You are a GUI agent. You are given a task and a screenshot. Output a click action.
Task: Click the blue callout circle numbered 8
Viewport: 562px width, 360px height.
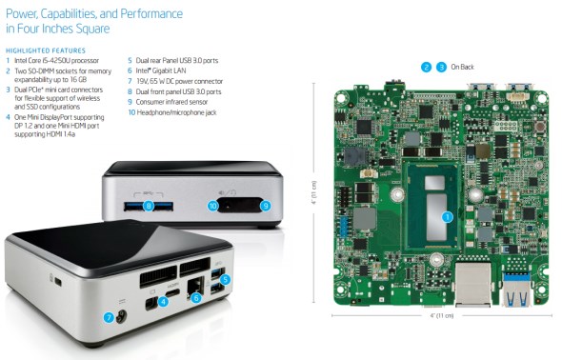(149, 206)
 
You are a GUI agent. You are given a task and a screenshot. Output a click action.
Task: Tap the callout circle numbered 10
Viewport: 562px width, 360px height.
(213, 206)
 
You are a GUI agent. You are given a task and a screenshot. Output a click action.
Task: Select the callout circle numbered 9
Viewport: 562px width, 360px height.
(266, 206)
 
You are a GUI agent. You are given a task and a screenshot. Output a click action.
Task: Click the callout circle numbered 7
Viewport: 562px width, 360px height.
(109, 317)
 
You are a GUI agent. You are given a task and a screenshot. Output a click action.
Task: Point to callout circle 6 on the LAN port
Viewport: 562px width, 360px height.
(195, 297)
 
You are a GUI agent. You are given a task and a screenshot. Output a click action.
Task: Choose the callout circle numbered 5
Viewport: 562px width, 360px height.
(225, 279)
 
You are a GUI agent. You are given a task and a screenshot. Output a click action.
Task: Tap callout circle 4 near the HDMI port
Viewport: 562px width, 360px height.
(163, 302)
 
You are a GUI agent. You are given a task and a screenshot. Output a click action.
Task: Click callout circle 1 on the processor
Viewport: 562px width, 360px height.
(447, 217)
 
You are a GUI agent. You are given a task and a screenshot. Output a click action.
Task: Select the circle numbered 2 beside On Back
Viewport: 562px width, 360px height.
(426, 67)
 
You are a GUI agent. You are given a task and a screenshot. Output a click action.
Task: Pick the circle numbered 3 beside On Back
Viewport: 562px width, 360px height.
(441, 67)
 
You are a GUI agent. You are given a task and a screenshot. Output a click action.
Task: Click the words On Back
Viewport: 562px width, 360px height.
(462, 67)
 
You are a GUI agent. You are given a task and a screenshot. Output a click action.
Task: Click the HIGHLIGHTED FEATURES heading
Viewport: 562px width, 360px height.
(46, 50)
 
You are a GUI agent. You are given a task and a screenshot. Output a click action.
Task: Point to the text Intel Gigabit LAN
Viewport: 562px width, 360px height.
(161, 70)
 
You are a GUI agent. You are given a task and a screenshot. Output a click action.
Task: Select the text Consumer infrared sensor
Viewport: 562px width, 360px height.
(171, 102)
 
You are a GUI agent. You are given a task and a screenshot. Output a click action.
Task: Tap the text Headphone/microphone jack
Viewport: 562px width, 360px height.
(177, 112)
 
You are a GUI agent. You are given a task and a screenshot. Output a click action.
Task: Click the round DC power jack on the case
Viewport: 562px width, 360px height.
(122, 316)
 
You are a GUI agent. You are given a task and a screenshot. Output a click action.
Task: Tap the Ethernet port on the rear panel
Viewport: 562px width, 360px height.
(194, 287)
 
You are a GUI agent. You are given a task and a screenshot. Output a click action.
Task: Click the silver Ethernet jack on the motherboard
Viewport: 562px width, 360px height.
(472, 285)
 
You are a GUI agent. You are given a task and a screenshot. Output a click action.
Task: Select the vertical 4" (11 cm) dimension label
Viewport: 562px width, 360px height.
(314, 192)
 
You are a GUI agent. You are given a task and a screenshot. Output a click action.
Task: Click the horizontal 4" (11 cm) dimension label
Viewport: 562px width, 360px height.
(442, 315)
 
